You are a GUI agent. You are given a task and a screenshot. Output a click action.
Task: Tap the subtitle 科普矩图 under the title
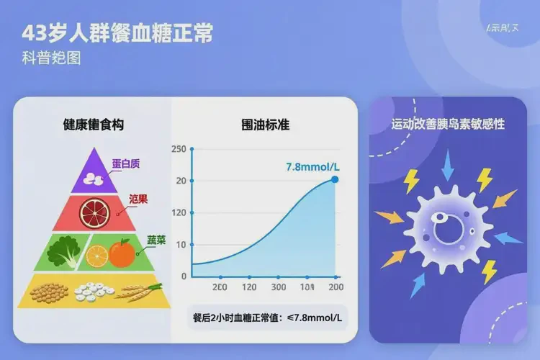(51, 58)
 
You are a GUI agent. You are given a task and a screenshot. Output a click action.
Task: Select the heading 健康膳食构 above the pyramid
(94, 125)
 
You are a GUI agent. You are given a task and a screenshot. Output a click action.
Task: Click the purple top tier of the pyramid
(92, 174)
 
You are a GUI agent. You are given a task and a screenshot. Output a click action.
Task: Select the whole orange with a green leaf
(122, 253)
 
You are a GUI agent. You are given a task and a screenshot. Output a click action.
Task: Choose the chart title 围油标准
(265, 125)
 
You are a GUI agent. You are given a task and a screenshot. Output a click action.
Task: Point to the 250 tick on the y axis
(179, 149)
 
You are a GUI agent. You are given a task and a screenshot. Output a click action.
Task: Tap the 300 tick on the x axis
(278, 287)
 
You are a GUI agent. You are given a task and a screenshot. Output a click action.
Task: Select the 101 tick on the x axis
(307, 287)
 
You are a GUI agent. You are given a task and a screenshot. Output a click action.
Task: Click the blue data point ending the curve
(335, 179)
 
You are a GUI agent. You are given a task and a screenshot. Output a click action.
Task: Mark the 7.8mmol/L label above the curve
(312, 166)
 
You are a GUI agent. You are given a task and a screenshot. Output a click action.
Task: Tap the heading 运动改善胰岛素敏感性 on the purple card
(447, 124)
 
